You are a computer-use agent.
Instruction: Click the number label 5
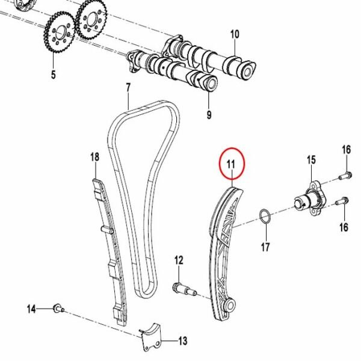coord(53,75)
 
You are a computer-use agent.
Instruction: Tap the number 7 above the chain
coord(128,88)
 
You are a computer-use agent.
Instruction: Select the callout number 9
coord(209,114)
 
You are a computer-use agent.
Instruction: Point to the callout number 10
coord(235,34)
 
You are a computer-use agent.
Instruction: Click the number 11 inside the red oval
coord(232,162)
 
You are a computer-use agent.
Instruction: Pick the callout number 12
coord(178,260)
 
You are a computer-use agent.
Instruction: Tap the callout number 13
coord(183,341)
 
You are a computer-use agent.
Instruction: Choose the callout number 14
coord(31,309)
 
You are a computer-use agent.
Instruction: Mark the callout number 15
coord(311,159)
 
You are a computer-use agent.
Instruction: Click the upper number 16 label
coord(346,149)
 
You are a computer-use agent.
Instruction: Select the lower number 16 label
coord(344,227)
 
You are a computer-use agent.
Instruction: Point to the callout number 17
coord(265,247)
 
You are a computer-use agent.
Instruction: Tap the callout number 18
coord(94,157)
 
